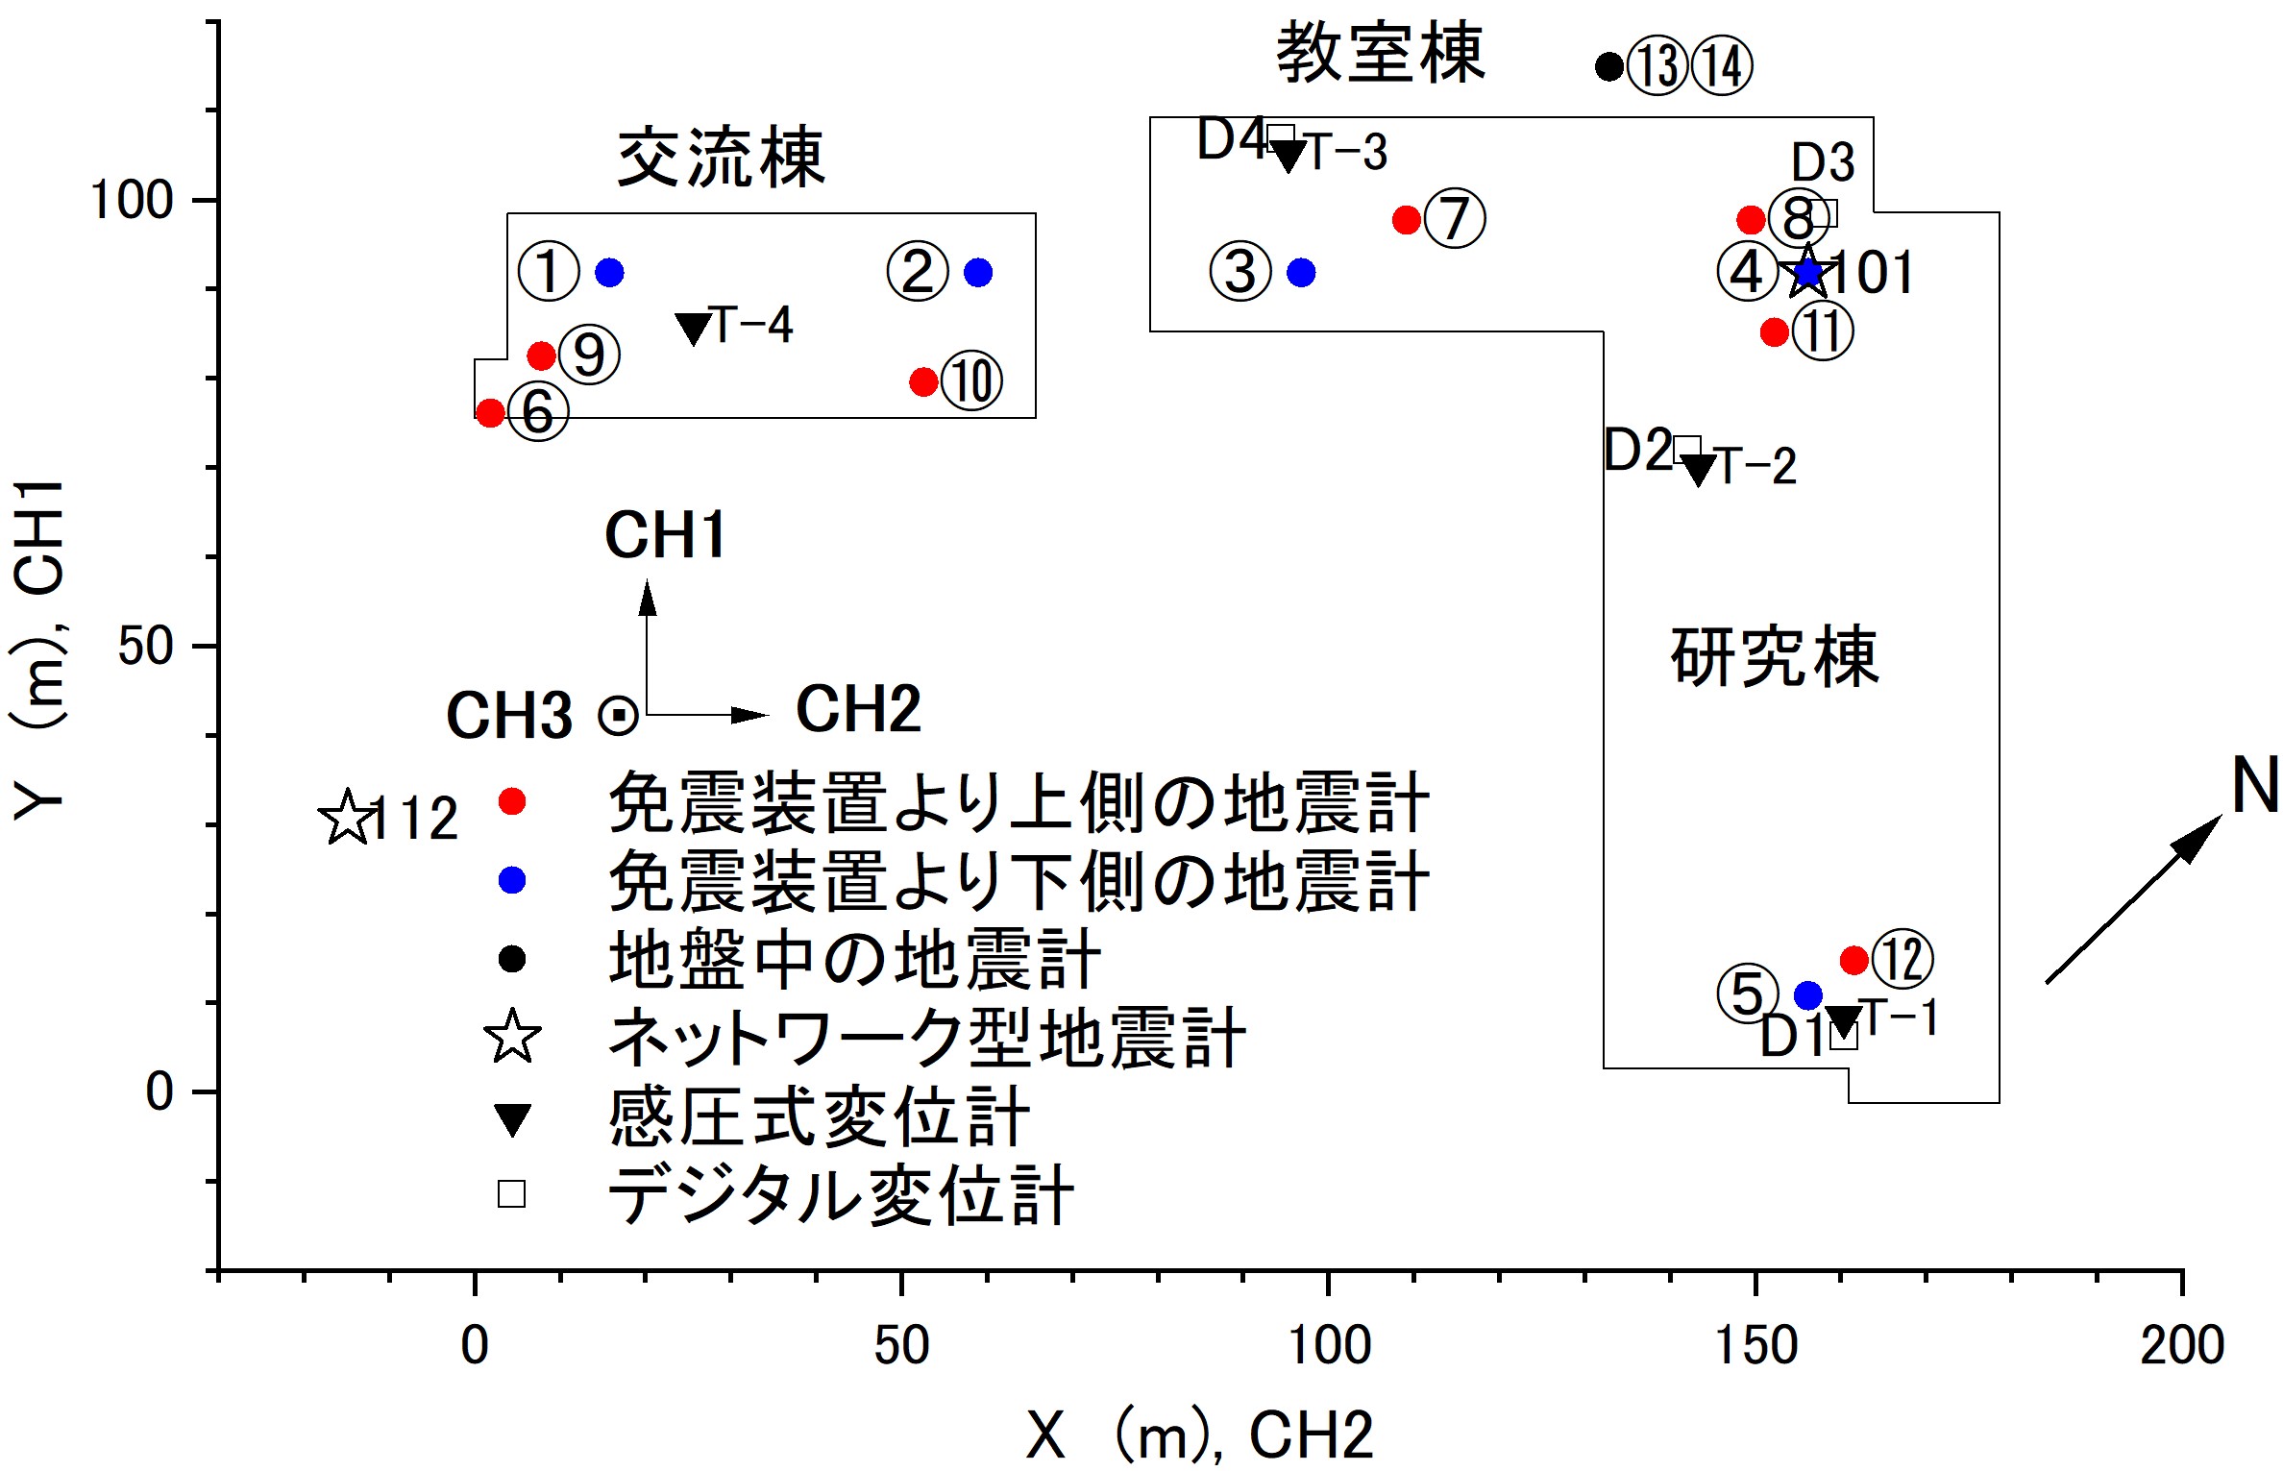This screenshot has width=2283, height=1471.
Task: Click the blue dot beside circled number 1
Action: pyautogui.click(x=609, y=273)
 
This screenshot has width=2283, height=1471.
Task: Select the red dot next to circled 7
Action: pyautogui.click(x=1407, y=220)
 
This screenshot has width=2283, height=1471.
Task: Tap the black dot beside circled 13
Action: pyautogui.click(x=1609, y=66)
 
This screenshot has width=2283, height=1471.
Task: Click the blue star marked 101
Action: pyautogui.click(x=1808, y=273)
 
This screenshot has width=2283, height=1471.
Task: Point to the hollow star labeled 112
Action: pyautogui.click(x=347, y=819)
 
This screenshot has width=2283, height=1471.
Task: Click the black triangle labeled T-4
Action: pyautogui.click(x=694, y=329)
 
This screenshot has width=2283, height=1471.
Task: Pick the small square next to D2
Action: pyautogui.click(x=1687, y=450)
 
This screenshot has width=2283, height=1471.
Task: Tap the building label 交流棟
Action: pyautogui.click(x=721, y=159)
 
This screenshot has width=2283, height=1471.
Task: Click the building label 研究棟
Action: pyautogui.click(x=1774, y=657)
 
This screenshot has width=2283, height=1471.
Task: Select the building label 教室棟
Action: pyautogui.click(x=1380, y=54)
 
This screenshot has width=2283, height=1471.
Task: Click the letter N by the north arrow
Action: pyautogui.click(x=2254, y=785)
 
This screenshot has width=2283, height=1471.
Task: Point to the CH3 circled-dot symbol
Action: pyautogui.click(x=618, y=716)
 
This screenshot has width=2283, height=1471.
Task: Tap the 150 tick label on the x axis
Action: pyautogui.click(x=1755, y=1346)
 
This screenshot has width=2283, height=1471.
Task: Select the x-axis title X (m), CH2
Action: pyautogui.click(x=1200, y=1435)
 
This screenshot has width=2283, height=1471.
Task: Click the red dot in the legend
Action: pyautogui.click(x=512, y=801)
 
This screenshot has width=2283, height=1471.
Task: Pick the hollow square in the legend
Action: pyautogui.click(x=511, y=1193)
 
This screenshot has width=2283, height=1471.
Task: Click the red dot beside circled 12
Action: pyautogui.click(x=1853, y=960)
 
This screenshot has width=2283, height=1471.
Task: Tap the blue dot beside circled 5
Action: pyautogui.click(x=1808, y=995)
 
